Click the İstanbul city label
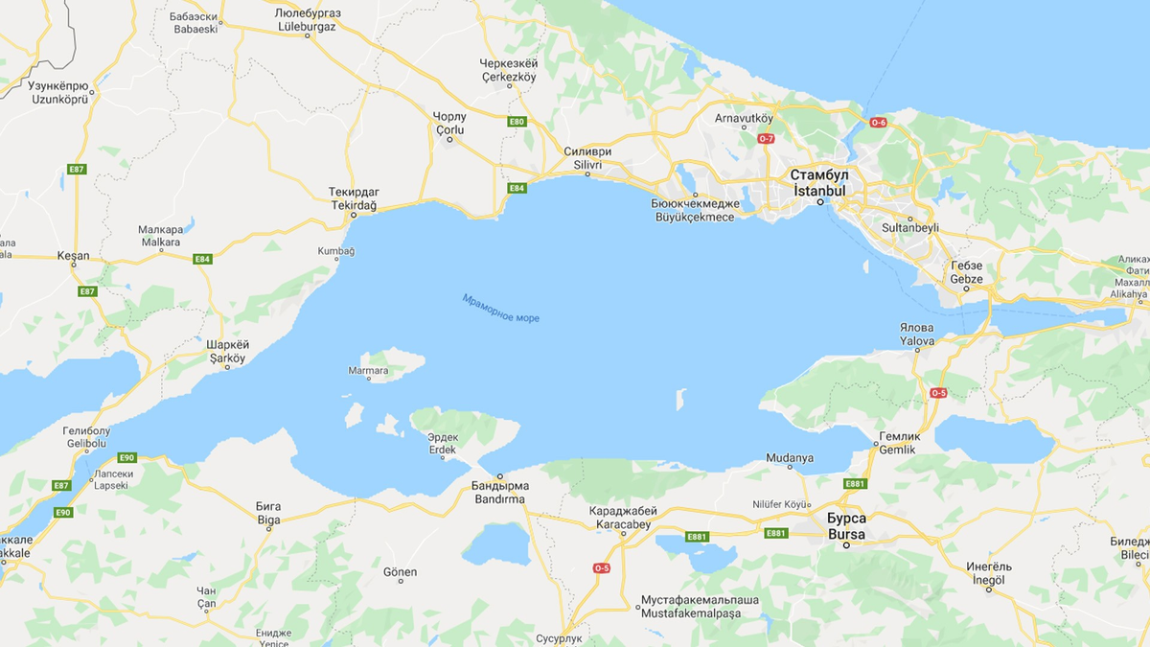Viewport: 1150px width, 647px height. (x=819, y=191)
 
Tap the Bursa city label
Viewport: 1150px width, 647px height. (x=846, y=534)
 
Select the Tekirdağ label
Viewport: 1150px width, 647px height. (x=354, y=206)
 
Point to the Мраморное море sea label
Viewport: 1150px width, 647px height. (x=500, y=308)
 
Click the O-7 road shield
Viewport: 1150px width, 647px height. (x=766, y=139)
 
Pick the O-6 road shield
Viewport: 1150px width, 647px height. (x=879, y=122)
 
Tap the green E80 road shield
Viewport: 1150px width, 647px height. (x=517, y=122)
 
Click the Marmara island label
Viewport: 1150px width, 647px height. (x=369, y=371)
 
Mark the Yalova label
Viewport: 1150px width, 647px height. (x=916, y=340)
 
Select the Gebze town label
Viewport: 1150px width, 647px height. (x=966, y=279)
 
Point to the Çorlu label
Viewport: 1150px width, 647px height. (x=449, y=129)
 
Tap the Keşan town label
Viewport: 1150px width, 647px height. (x=73, y=256)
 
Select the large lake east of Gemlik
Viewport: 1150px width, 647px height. (x=992, y=437)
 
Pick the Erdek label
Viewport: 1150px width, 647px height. (x=442, y=450)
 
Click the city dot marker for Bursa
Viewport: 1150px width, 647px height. (x=846, y=546)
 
